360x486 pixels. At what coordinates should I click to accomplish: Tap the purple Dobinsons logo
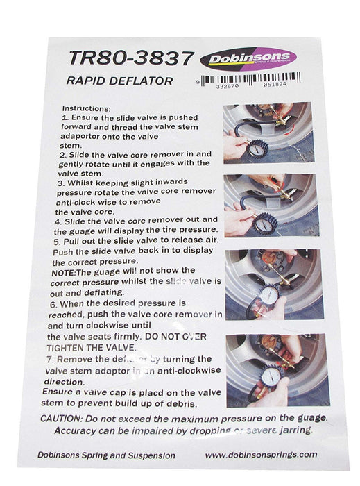[248, 58]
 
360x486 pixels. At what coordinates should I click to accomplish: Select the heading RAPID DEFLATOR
[120, 81]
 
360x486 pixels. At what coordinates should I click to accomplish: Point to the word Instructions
[86, 109]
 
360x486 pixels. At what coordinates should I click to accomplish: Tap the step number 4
[56, 220]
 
